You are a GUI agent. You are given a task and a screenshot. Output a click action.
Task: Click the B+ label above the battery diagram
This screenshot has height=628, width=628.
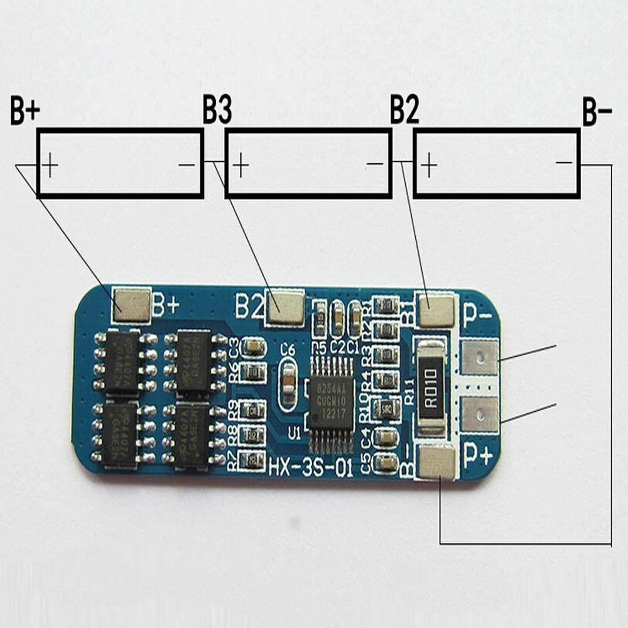pos(25,112)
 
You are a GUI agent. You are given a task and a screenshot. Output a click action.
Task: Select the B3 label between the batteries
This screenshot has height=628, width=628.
pos(217,111)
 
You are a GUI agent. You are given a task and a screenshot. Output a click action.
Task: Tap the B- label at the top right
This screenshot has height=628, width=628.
pos(597,112)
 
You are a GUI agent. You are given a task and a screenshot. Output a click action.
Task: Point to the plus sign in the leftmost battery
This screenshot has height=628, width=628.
pos(50,165)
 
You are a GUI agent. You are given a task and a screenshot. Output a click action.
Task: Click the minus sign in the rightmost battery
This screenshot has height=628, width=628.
pos(564,163)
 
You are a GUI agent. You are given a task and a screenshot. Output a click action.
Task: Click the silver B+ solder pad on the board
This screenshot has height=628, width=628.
pos(131,305)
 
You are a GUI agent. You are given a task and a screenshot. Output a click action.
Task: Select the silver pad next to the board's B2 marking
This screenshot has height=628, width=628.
pos(285,307)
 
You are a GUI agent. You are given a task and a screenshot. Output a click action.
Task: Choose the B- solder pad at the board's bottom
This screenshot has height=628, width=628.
pos(436,462)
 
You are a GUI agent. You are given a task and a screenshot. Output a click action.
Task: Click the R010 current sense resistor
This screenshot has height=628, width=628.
pos(430,387)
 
